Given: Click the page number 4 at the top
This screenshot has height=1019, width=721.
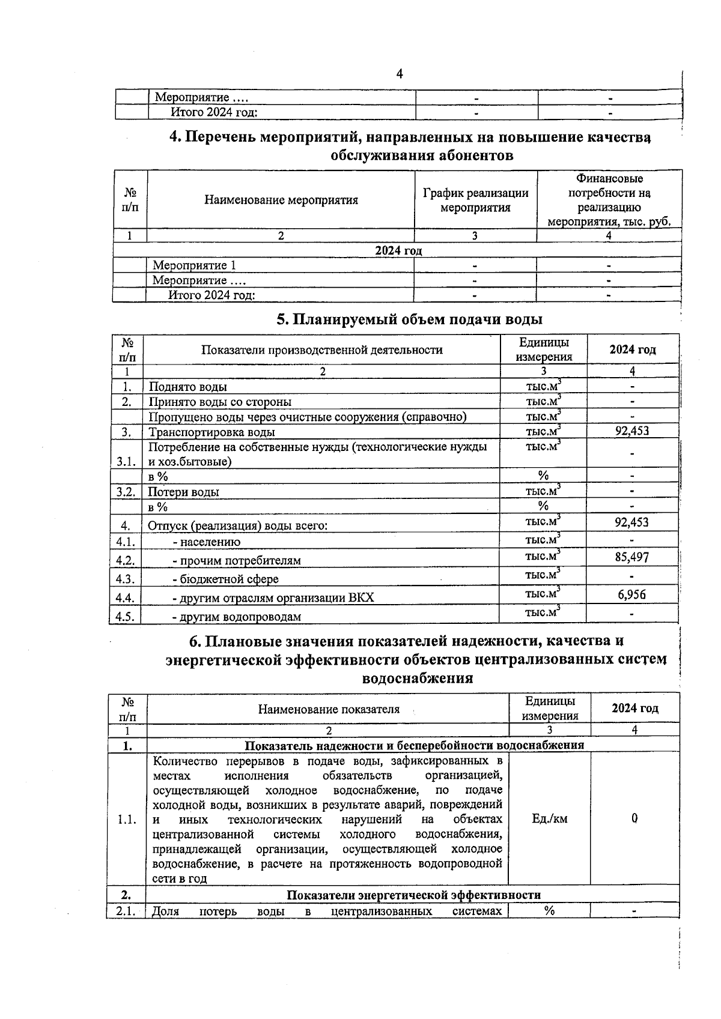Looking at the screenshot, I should [x=400, y=74].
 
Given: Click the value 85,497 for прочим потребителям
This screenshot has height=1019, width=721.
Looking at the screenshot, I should [x=631, y=557].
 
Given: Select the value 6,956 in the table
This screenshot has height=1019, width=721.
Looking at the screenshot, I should [x=631, y=594].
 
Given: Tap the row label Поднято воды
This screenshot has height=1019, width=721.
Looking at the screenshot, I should [x=188, y=387].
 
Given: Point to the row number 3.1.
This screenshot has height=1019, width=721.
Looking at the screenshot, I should [x=126, y=461].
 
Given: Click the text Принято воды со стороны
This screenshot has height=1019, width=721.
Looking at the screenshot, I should [x=221, y=402].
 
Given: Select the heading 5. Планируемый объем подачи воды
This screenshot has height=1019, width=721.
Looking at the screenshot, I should [x=409, y=319].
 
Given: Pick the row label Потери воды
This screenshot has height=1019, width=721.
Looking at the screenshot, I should [x=184, y=492].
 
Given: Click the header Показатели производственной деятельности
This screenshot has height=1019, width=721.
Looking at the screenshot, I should [x=321, y=350].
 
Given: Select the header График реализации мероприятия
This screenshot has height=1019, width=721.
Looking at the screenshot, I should [x=475, y=200].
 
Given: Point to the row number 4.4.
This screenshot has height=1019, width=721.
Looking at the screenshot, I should [x=126, y=597].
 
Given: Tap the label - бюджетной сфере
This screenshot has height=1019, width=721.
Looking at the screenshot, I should [x=225, y=579].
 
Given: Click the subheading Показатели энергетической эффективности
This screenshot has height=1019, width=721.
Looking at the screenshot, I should [x=413, y=895].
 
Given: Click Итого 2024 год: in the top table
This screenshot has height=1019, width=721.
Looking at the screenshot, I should [x=214, y=112].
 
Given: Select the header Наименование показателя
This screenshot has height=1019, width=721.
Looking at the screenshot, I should [x=329, y=709].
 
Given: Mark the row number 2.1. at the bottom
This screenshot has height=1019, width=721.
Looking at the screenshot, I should [x=126, y=912].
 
